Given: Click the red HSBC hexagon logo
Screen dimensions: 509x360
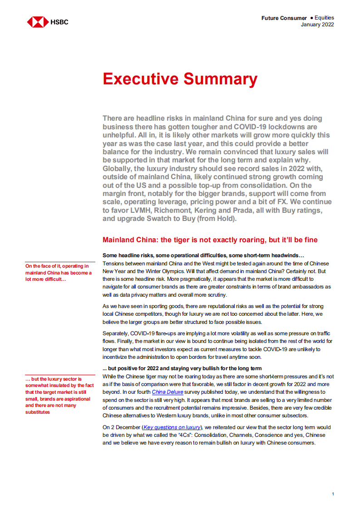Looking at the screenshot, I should (x=38, y=22).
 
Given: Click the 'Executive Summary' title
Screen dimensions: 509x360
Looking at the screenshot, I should (x=180, y=79).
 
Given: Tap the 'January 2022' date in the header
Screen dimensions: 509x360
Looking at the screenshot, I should (x=317, y=25).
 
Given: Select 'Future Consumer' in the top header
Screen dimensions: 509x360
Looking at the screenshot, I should (x=284, y=18).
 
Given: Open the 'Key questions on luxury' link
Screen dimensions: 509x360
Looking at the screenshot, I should (x=172, y=427).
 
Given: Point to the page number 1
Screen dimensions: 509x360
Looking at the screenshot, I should (x=333, y=494).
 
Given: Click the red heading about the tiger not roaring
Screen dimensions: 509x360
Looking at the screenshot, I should (x=210, y=240).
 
